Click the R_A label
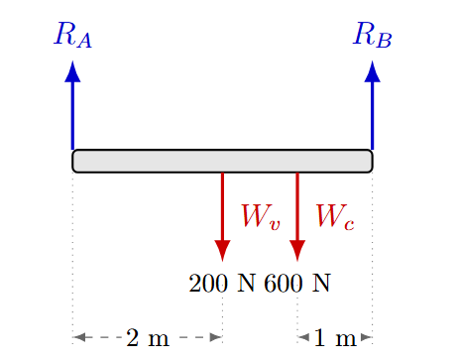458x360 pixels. (73, 37)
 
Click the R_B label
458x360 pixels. (373, 37)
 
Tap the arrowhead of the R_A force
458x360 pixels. (72, 71)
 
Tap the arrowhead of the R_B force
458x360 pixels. (372, 71)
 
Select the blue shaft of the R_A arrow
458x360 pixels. (72, 114)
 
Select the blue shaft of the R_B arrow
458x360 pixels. (372, 114)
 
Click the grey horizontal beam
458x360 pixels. (222, 161)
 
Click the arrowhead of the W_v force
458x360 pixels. (222, 250)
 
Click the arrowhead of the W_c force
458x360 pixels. (297, 250)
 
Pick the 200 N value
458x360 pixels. (221, 284)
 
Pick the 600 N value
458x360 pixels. (297, 284)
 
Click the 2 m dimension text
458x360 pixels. (148, 339)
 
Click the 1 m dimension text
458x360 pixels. (335, 339)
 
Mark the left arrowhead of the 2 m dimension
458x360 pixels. (79, 338)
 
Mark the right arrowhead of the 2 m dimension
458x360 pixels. (215, 338)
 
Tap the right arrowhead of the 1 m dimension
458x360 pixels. (366, 338)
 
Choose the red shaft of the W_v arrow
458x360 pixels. (222, 203)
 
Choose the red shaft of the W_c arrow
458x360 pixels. (297, 203)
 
